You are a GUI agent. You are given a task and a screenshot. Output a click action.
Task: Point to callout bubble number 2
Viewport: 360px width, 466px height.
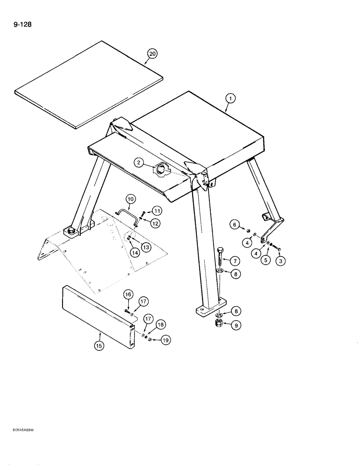[138, 162]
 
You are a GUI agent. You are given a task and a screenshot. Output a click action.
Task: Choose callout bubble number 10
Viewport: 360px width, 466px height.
[131, 199]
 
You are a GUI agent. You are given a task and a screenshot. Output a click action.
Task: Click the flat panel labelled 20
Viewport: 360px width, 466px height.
[89, 84]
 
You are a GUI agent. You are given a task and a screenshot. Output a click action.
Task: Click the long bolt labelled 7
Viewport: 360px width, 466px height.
[221, 256]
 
